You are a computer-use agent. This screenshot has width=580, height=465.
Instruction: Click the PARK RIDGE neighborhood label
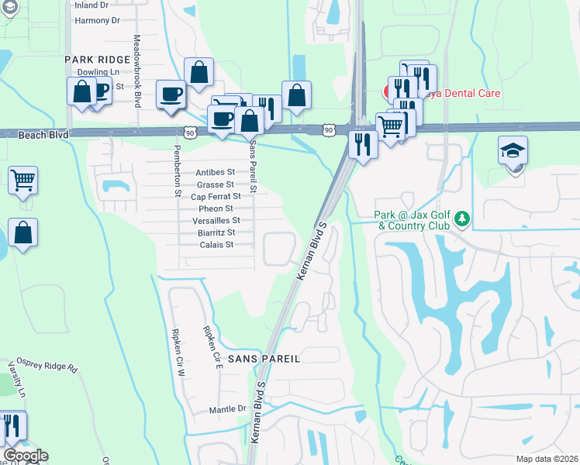point(98,59)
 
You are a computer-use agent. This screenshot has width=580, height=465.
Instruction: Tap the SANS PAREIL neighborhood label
point(263,360)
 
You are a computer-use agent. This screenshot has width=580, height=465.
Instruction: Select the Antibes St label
point(216,172)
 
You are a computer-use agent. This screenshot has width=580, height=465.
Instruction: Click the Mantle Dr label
point(227,409)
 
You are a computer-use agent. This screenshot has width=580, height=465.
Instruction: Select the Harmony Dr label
point(97,20)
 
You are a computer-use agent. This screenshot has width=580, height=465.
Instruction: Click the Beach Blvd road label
point(43,135)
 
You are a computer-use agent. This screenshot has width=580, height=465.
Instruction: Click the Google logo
point(26,456)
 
